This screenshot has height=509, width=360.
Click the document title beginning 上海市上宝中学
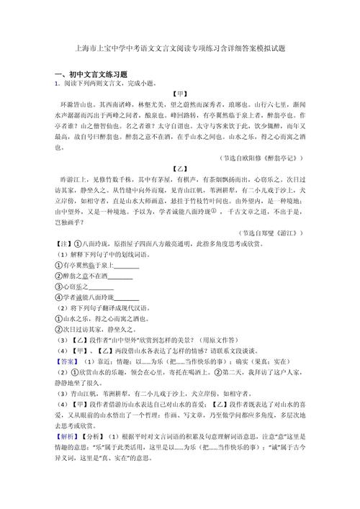180,49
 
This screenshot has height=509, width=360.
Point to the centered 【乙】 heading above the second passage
180,168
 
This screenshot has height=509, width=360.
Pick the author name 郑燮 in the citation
272,233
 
